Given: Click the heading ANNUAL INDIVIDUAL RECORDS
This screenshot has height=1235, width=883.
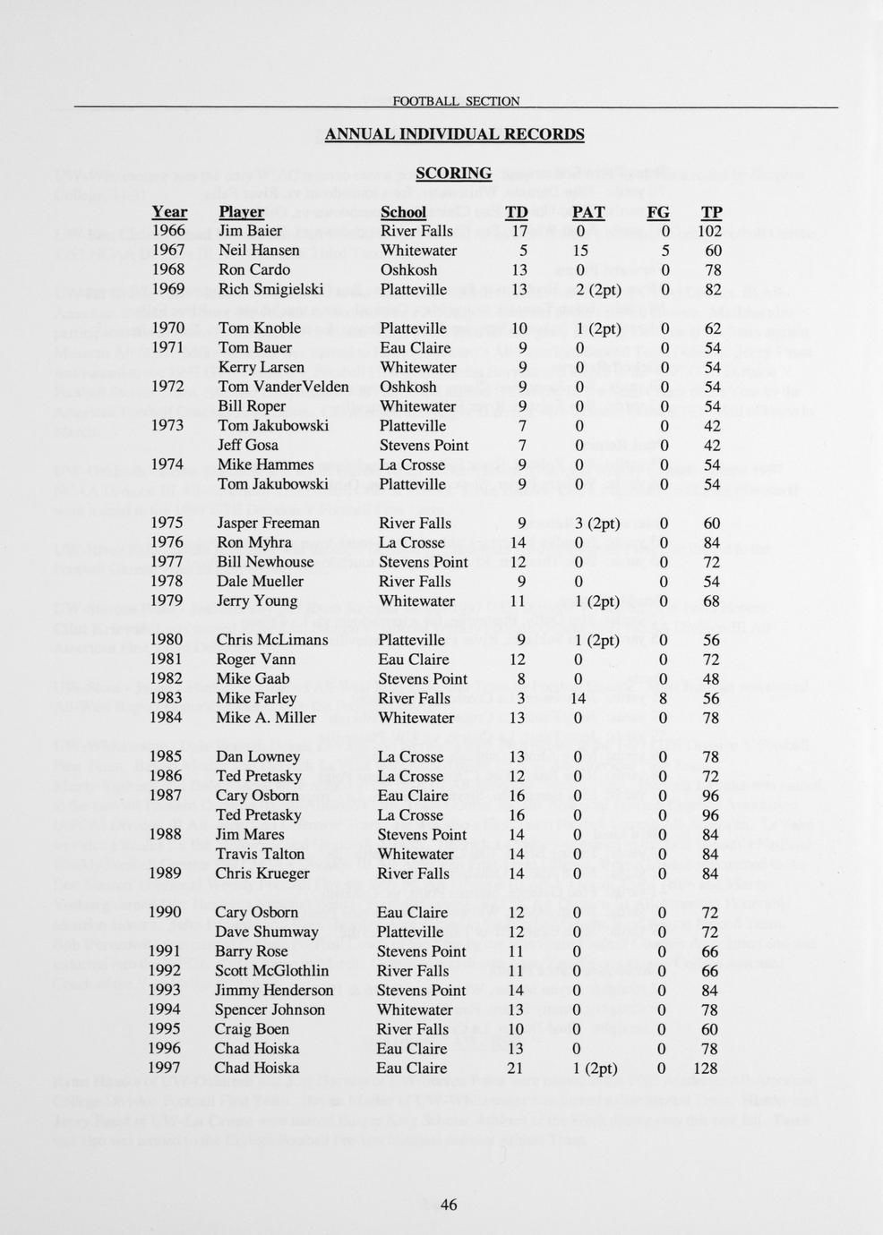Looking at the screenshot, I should (454, 134).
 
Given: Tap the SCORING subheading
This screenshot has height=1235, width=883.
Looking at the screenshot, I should (454, 173).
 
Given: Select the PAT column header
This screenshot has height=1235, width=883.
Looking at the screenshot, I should (588, 212).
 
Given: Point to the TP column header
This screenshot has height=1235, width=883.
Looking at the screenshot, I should (712, 212).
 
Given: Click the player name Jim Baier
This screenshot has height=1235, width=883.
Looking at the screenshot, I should (251, 231).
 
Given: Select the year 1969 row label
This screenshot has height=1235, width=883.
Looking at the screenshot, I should (168, 289).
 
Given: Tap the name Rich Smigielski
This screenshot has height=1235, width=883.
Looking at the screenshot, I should (270, 289).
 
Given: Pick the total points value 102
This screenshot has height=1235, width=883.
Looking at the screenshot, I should (707, 231).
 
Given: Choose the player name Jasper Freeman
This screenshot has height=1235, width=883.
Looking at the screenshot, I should (269, 523).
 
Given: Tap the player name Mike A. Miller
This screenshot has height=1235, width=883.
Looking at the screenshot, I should (266, 718).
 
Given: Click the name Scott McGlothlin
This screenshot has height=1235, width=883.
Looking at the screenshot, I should (271, 970).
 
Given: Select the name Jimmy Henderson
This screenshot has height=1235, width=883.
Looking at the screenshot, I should (274, 990).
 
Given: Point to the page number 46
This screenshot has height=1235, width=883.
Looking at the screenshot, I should (449, 1205).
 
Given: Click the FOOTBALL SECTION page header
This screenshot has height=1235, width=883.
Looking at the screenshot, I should (456, 101).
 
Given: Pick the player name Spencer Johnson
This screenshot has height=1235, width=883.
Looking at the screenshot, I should (270, 1009).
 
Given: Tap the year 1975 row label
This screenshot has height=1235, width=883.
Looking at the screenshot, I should (167, 523).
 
